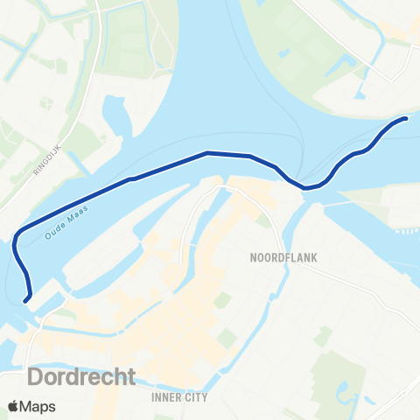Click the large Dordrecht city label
(x=82, y=376)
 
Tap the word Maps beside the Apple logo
(x=40, y=406)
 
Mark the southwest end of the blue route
(x=26, y=300)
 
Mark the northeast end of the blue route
(x=407, y=118)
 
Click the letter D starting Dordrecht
(x=38, y=376)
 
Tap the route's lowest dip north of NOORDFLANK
(x=305, y=187)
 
